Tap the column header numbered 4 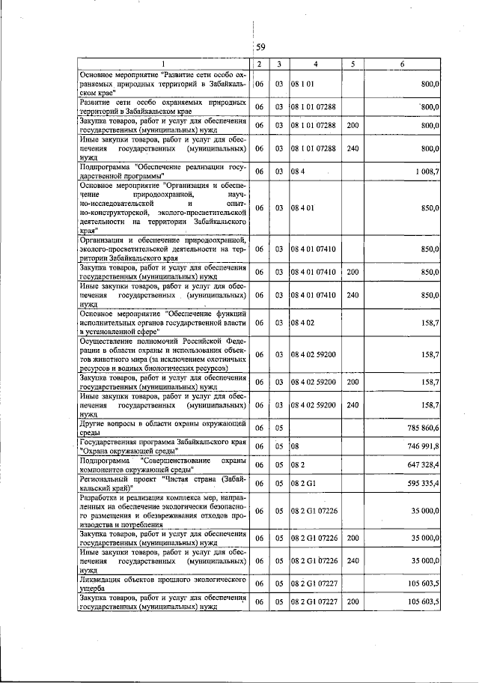coord(315,65)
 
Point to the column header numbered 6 coord(402,65)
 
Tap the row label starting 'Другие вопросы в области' coord(163,427)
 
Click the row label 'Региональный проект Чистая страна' coord(163,485)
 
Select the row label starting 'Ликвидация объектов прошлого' coord(163,584)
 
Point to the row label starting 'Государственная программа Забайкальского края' coord(163,446)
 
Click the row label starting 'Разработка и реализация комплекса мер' coord(163,512)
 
